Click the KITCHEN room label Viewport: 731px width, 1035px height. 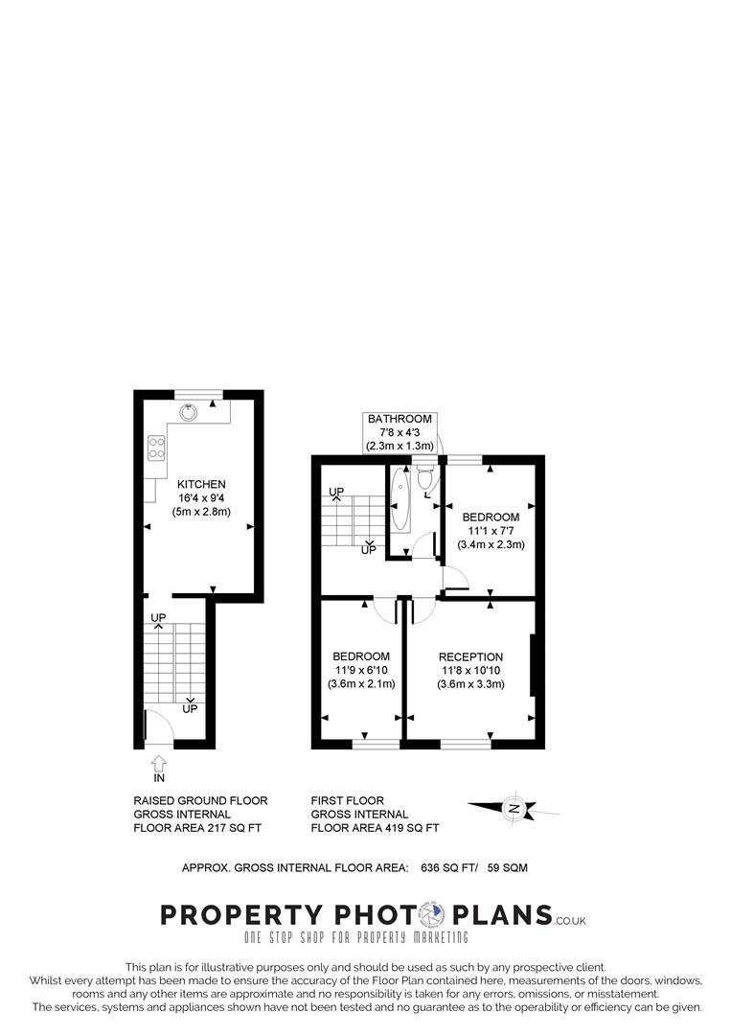(201, 484)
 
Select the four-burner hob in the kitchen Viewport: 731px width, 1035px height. (157, 447)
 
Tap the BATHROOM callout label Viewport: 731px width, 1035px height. (400, 419)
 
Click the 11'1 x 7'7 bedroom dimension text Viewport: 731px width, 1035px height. (491, 531)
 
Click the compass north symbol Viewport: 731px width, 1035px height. (515, 809)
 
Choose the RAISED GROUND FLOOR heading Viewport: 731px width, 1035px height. (200, 800)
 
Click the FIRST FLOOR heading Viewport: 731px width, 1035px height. (348, 800)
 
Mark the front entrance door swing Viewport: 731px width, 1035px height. (156, 727)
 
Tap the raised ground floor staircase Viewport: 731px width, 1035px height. (175, 662)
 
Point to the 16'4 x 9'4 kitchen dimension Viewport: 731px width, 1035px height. (201, 498)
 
